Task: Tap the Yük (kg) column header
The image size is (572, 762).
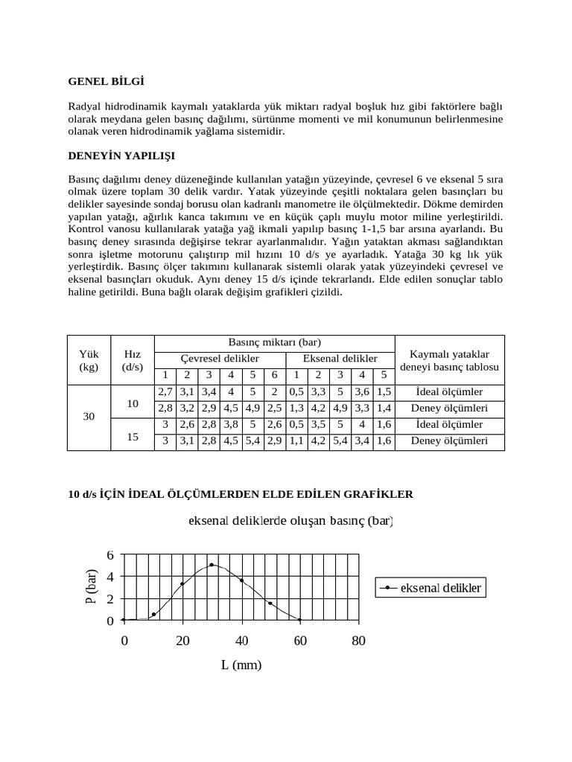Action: [x=89, y=359]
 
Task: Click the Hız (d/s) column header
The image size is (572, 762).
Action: [x=133, y=359]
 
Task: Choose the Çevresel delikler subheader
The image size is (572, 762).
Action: [x=220, y=359]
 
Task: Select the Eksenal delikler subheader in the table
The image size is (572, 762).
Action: [x=340, y=359]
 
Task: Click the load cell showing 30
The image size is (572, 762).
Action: [x=89, y=417]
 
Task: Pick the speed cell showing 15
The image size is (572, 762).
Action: [x=133, y=438]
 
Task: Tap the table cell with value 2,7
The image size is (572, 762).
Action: [x=165, y=391]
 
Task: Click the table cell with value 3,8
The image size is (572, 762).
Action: [x=231, y=424]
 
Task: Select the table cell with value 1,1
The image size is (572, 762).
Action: [x=296, y=441]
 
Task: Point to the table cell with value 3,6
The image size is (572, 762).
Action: [x=361, y=391]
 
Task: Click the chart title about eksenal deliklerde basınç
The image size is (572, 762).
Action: [x=291, y=522]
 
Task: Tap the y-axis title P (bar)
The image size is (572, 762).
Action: [x=93, y=587]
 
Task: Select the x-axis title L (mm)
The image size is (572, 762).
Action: [x=241, y=665]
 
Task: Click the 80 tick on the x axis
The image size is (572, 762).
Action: [x=358, y=641]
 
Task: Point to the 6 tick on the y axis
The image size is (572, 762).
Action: [x=110, y=555]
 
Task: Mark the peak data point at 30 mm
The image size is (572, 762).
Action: [x=212, y=565]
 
